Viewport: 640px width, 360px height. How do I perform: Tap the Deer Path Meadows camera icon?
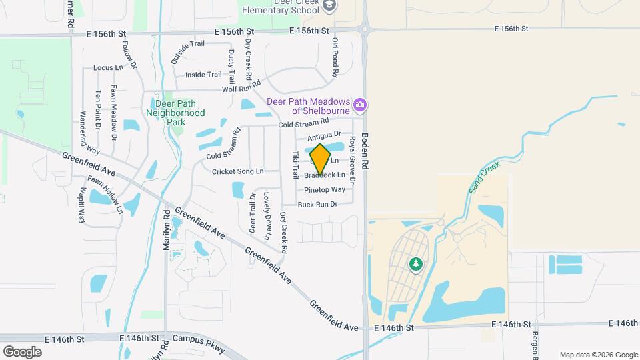coord(361,105)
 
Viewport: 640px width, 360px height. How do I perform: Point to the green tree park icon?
coord(417,265)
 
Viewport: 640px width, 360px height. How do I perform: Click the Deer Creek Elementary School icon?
coord(329,5)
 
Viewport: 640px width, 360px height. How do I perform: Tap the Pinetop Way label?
coord(325,189)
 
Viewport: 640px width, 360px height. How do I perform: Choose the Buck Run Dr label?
coord(317,205)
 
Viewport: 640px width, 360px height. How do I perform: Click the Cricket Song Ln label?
coord(237,171)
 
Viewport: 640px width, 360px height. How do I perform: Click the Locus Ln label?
coord(108,67)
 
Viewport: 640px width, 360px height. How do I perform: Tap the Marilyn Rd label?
coord(167,230)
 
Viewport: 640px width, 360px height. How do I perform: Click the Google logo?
coord(22,351)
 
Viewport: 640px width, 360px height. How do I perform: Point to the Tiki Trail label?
coord(295,165)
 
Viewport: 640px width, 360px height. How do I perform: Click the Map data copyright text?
coord(598,355)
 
